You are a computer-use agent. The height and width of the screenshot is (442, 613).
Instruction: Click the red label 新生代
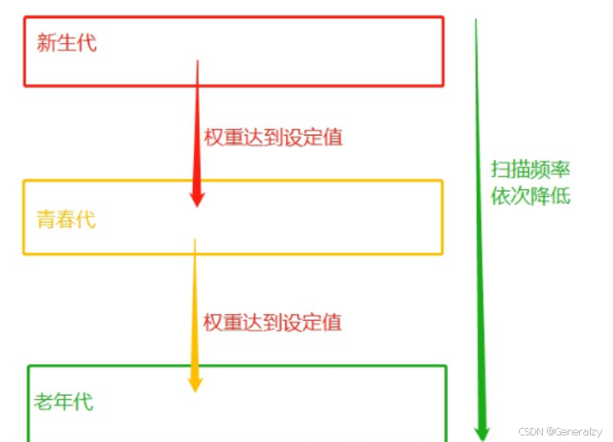67,43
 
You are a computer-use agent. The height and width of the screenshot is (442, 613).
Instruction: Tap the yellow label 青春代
66,219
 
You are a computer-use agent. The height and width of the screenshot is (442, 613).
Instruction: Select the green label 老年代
64,402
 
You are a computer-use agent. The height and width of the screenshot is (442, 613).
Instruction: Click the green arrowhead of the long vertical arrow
483,430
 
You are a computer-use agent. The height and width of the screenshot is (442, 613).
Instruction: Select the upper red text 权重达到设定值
273,137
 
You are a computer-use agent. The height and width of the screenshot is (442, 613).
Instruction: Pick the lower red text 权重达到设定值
272,321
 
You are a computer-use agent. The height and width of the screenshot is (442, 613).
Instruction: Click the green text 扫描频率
530,170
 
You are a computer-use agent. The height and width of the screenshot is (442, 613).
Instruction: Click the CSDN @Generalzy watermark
560,431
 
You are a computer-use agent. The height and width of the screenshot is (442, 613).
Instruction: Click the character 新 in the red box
46,43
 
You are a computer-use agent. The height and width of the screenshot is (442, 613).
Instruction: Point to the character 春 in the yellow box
66,219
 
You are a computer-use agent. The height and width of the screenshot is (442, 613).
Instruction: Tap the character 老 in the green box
44,402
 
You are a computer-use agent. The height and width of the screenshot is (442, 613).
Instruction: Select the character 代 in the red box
87,43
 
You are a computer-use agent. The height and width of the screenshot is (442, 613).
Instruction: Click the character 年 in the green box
64,402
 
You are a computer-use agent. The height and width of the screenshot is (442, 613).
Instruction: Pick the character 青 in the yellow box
46,219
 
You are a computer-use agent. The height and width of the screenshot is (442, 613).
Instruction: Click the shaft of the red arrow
198,124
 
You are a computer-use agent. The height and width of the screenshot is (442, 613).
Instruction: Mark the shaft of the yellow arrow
195,306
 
